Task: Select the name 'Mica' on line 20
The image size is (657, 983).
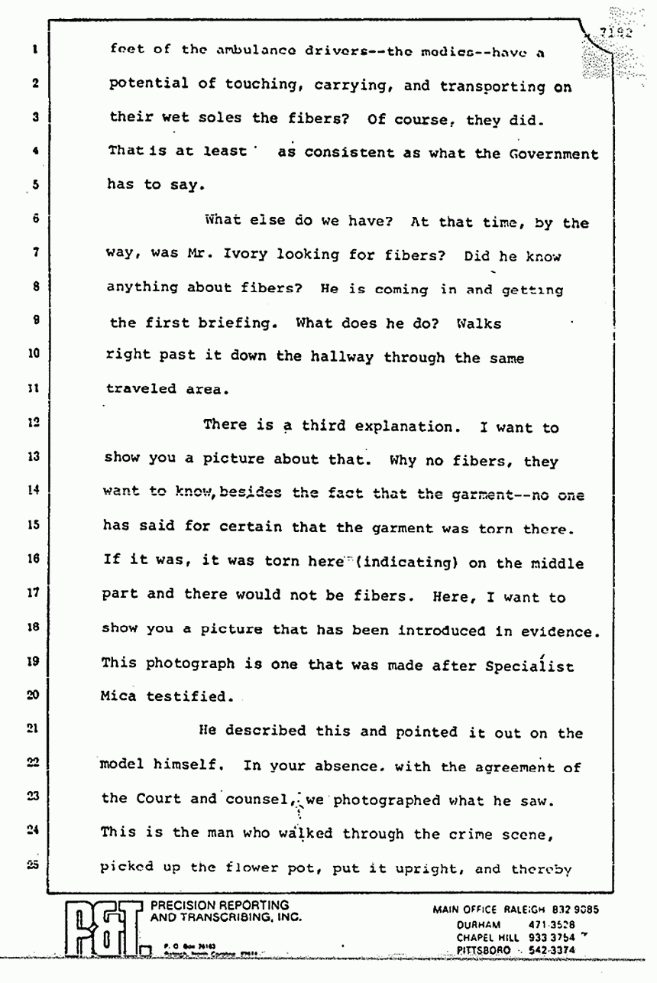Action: click(121, 696)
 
